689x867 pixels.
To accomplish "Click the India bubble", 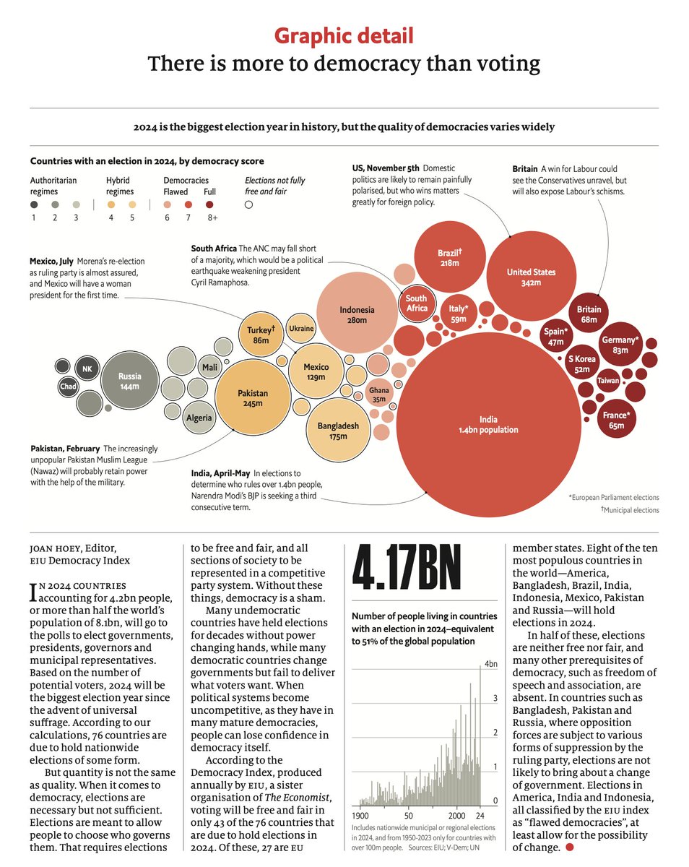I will click(x=488, y=424).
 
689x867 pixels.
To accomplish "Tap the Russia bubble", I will click(x=131, y=381).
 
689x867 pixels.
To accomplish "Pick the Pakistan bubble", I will click(x=253, y=398).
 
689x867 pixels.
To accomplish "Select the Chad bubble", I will click(x=68, y=387).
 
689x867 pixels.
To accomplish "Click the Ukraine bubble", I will click(x=301, y=329).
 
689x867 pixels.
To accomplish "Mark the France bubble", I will click(x=616, y=420).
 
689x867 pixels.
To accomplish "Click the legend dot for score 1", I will click(x=33, y=204).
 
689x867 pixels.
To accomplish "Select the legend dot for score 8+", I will click(x=210, y=204).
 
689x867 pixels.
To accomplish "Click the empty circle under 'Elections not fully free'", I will click(x=248, y=204).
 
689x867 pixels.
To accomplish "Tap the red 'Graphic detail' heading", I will click(x=344, y=35).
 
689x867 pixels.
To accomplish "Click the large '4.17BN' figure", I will click(x=406, y=573).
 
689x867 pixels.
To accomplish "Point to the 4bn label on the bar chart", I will click(x=490, y=664).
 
